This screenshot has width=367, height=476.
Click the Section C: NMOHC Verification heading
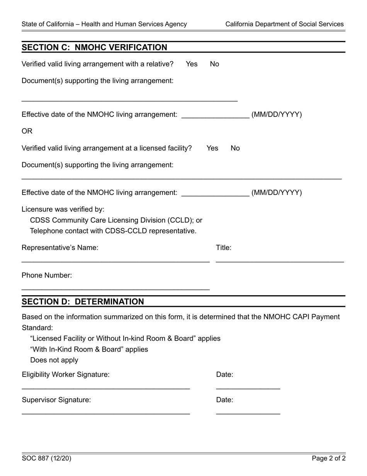click(94, 48)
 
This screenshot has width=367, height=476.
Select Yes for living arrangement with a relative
click(191, 64)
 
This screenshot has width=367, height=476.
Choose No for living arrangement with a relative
click(214, 64)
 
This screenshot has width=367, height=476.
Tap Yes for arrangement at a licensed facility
click(212, 148)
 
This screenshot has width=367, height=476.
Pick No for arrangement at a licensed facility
click(235, 148)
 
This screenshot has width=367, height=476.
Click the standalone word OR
click(27, 131)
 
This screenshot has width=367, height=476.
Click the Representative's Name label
click(60, 248)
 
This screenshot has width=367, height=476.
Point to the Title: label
click(223, 248)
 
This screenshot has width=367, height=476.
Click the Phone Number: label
click(47, 276)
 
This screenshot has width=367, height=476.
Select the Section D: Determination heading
click(83, 302)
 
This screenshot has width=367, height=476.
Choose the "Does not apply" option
click(54, 360)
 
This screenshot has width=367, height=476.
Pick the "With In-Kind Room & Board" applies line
click(89, 349)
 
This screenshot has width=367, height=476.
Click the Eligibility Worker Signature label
click(66, 375)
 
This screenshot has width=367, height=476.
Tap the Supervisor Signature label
click(56, 400)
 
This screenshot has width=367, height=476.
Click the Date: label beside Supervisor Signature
click(224, 400)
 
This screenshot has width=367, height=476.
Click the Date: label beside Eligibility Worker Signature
click(224, 375)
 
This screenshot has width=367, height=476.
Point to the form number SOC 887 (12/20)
click(46, 459)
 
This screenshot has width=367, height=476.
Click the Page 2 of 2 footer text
click(329, 459)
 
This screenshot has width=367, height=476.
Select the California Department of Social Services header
click(284, 24)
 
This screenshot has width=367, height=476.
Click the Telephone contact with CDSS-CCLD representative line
click(113, 231)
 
